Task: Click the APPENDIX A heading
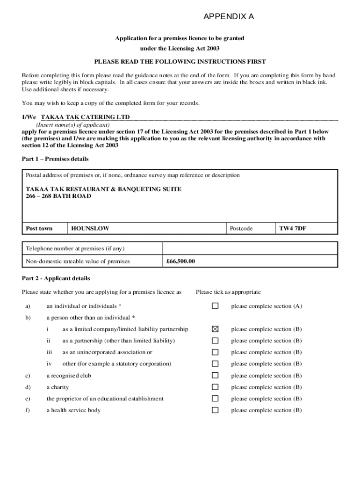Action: (229, 17)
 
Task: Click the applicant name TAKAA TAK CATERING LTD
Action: (85, 117)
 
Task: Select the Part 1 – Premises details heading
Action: (55, 159)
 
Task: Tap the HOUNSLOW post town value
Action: (90, 229)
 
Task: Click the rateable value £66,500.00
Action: (180, 261)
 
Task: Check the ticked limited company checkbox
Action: (215, 329)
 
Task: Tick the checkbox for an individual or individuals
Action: (215, 306)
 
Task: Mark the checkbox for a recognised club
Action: (215, 376)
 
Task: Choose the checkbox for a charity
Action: (215, 387)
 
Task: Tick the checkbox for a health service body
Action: (215, 410)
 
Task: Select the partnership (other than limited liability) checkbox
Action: (215, 341)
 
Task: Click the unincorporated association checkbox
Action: (215, 352)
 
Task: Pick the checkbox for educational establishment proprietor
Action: (215, 399)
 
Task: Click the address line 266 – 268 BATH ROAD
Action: (58, 196)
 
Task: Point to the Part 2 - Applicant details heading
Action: (56, 278)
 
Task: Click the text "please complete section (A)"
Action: (266, 306)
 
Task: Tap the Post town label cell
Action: (39, 229)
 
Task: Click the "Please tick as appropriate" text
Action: (228, 292)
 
